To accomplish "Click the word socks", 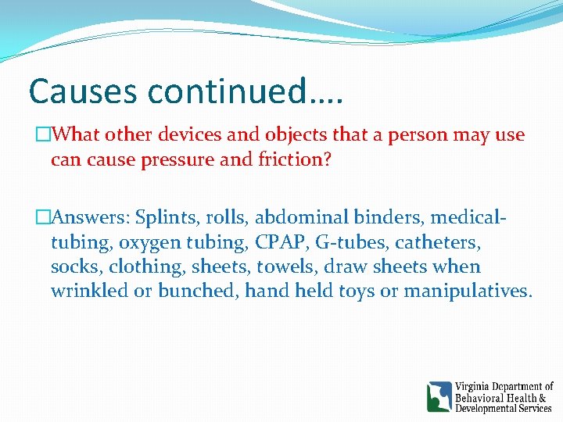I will coord(74,266).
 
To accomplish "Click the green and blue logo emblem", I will coord(439,397).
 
